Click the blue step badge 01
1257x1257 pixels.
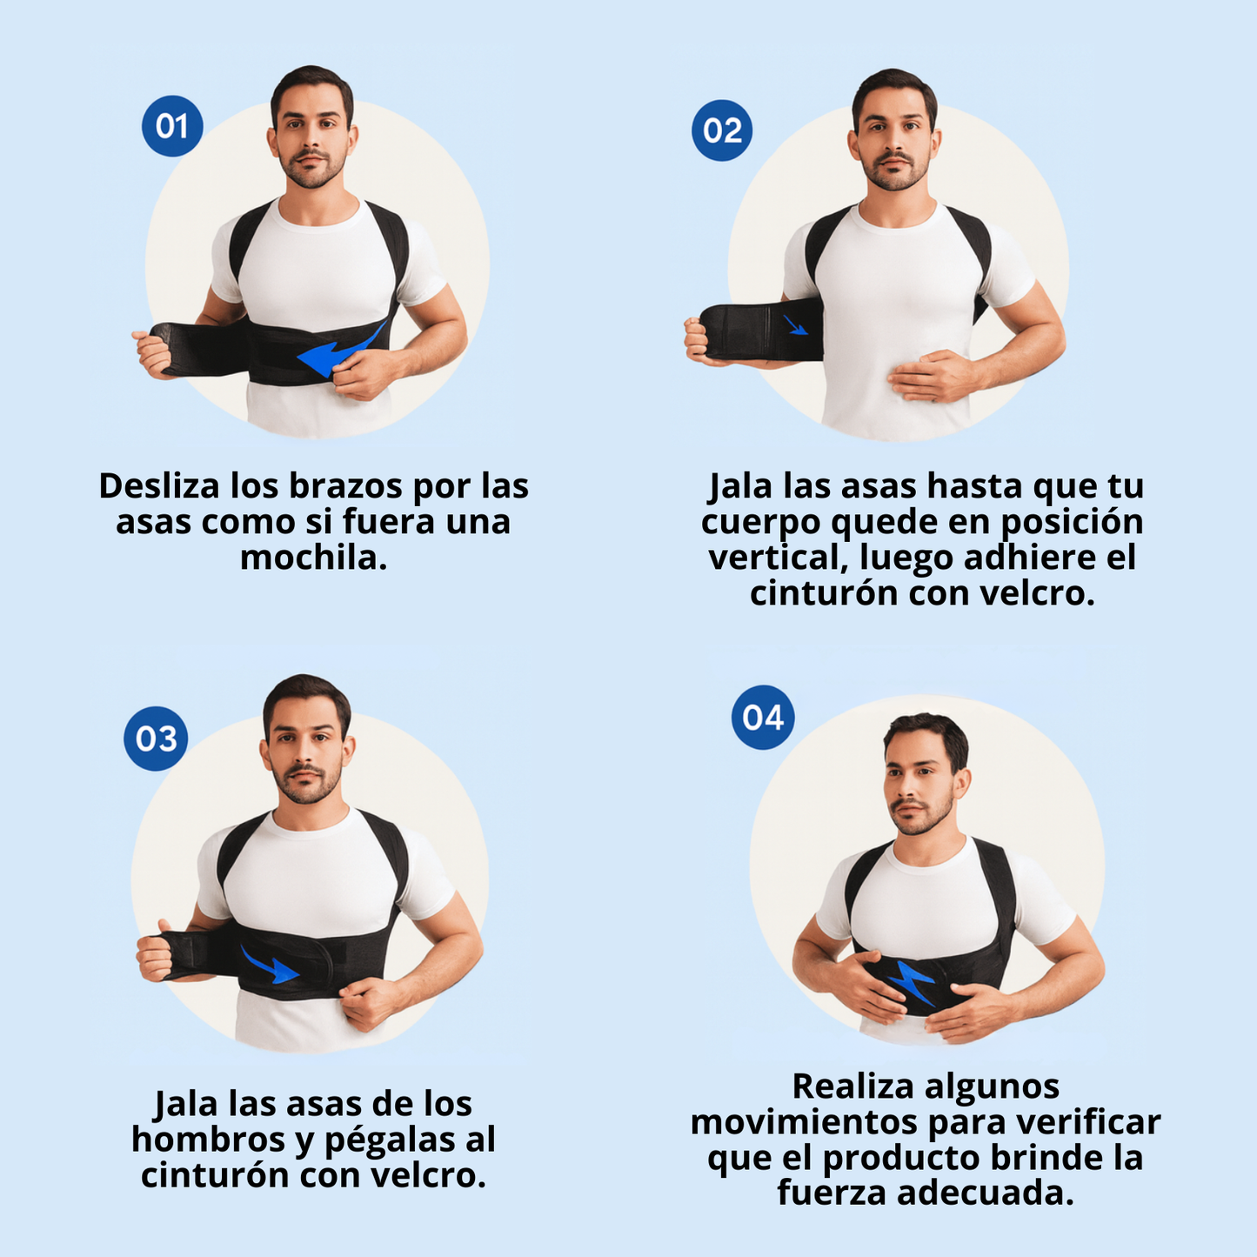[x=172, y=126]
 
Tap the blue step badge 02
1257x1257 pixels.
[x=722, y=130]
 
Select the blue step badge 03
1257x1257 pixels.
[x=156, y=739]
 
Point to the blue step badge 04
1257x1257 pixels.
[x=763, y=718]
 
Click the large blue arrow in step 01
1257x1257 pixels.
[x=339, y=351]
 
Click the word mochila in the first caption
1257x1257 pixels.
[x=313, y=558]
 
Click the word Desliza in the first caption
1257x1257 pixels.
[x=159, y=486]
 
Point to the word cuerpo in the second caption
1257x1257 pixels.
[x=759, y=522]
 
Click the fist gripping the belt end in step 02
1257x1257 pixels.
[x=698, y=341]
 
